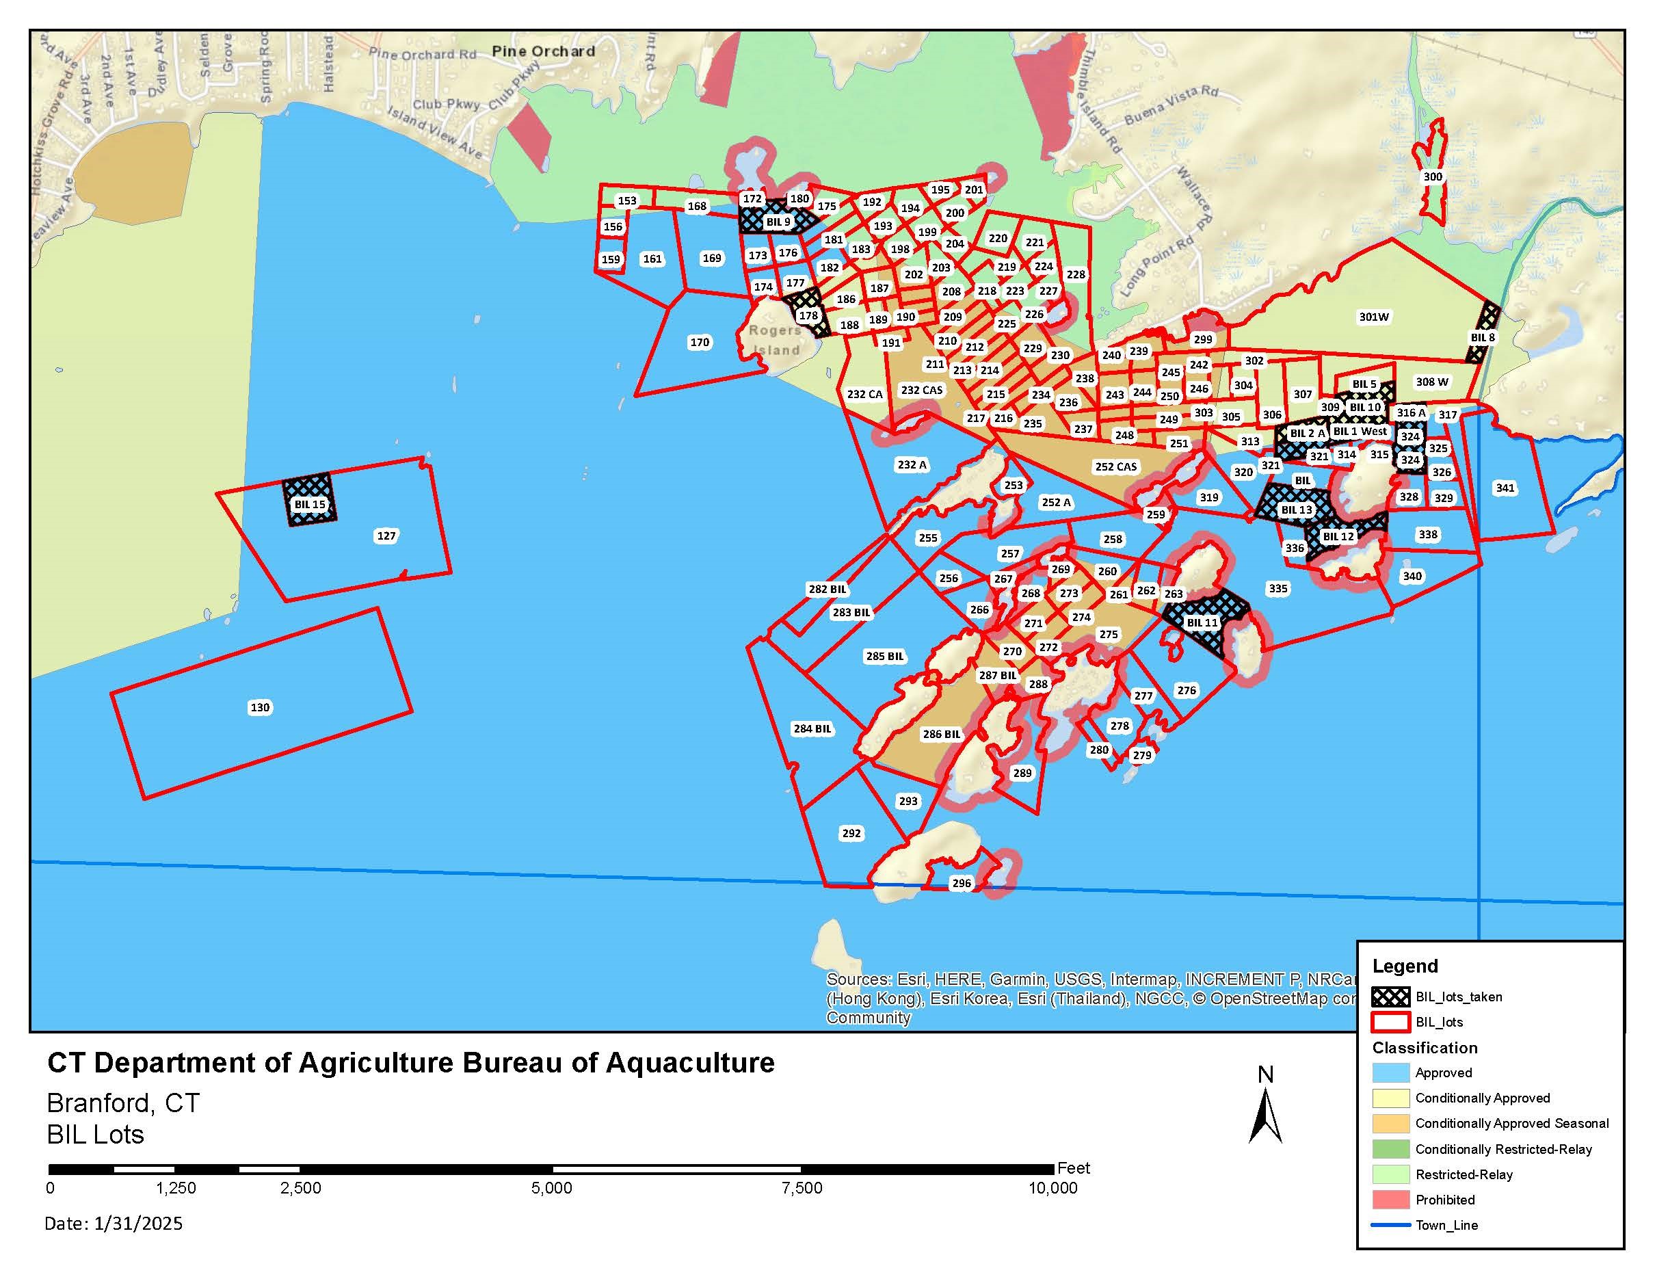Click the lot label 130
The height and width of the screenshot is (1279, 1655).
tap(260, 707)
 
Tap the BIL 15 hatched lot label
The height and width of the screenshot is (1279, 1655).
tap(310, 504)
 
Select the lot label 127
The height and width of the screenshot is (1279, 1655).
tap(386, 536)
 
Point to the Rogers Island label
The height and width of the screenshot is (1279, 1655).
tap(774, 340)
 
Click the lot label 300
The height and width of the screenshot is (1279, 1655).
tap(1432, 176)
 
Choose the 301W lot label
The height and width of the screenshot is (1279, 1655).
tap(1373, 317)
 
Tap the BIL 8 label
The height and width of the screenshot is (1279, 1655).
tap(1482, 337)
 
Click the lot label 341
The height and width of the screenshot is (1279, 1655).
tap(1505, 488)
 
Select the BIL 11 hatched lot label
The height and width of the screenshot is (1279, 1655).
tap(1202, 622)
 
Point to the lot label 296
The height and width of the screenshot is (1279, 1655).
tap(961, 883)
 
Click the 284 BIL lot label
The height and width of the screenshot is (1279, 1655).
tap(812, 728)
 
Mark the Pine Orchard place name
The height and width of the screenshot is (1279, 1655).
tap(543, 51)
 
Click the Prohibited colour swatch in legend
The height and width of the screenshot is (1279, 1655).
tap(1390, 1200)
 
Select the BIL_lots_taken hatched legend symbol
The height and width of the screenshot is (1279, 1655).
tap(1390, 997)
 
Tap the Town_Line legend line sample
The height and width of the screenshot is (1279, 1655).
tap(1390, 1225)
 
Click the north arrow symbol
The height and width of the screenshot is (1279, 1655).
tap(1265, 1113)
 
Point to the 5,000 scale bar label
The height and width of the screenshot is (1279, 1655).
tap(552, 1188)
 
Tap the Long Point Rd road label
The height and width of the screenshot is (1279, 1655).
tap(1156, 267)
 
